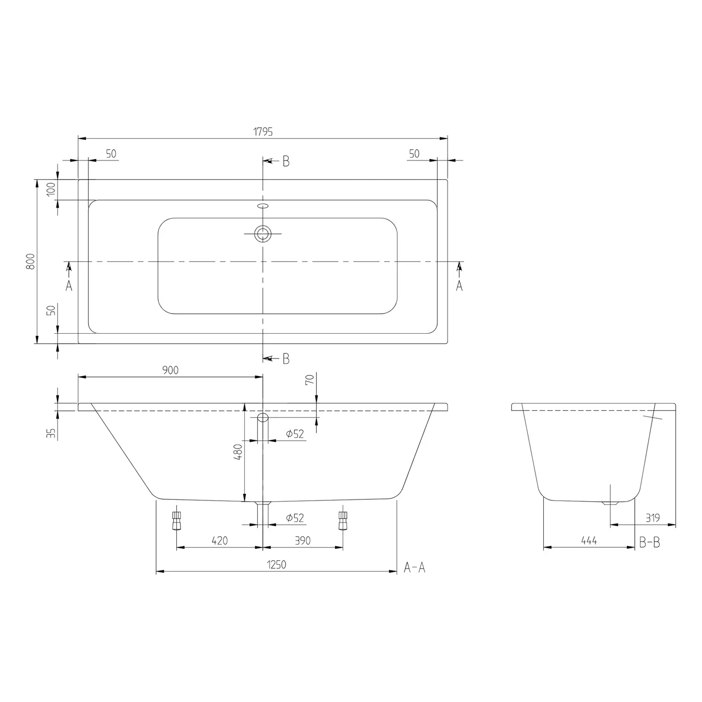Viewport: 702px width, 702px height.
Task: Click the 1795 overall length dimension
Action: click(263, 132)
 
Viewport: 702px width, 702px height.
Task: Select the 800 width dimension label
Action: click(30, 261)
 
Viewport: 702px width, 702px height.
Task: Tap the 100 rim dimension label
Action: click(51, 189)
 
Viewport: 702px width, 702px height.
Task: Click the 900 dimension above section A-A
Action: click(170, 370)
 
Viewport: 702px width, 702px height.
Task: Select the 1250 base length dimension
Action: click(277, 565)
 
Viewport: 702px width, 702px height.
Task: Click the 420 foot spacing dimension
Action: click(219, 541)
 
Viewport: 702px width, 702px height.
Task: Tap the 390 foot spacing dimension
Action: click(303, 541)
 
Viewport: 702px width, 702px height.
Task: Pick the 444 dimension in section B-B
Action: click(589, 541)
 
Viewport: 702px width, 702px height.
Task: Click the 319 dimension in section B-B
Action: click(652, 518)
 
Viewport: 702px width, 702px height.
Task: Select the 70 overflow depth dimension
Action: click(309, 379)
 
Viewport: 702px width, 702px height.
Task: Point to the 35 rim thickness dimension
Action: click(51, 433)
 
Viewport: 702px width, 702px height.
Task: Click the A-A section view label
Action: click(415, 568)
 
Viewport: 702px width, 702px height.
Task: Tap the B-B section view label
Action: click(650, 542)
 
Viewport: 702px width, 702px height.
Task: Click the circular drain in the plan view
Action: click(263, 233)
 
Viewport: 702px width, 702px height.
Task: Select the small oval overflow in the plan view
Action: click(263, 205)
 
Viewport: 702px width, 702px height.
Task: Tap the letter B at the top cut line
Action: click(286, 161)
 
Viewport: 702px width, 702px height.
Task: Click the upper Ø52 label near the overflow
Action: click(295, 434)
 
